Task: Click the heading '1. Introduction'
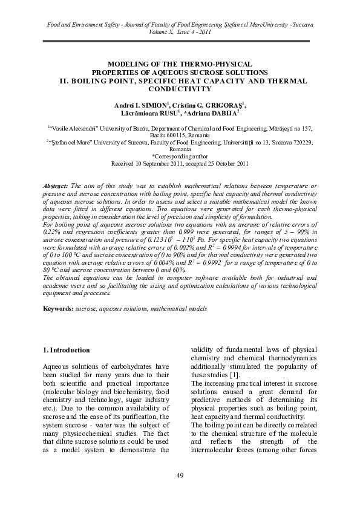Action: pos(68,350)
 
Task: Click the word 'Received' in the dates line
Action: pos(125,163)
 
